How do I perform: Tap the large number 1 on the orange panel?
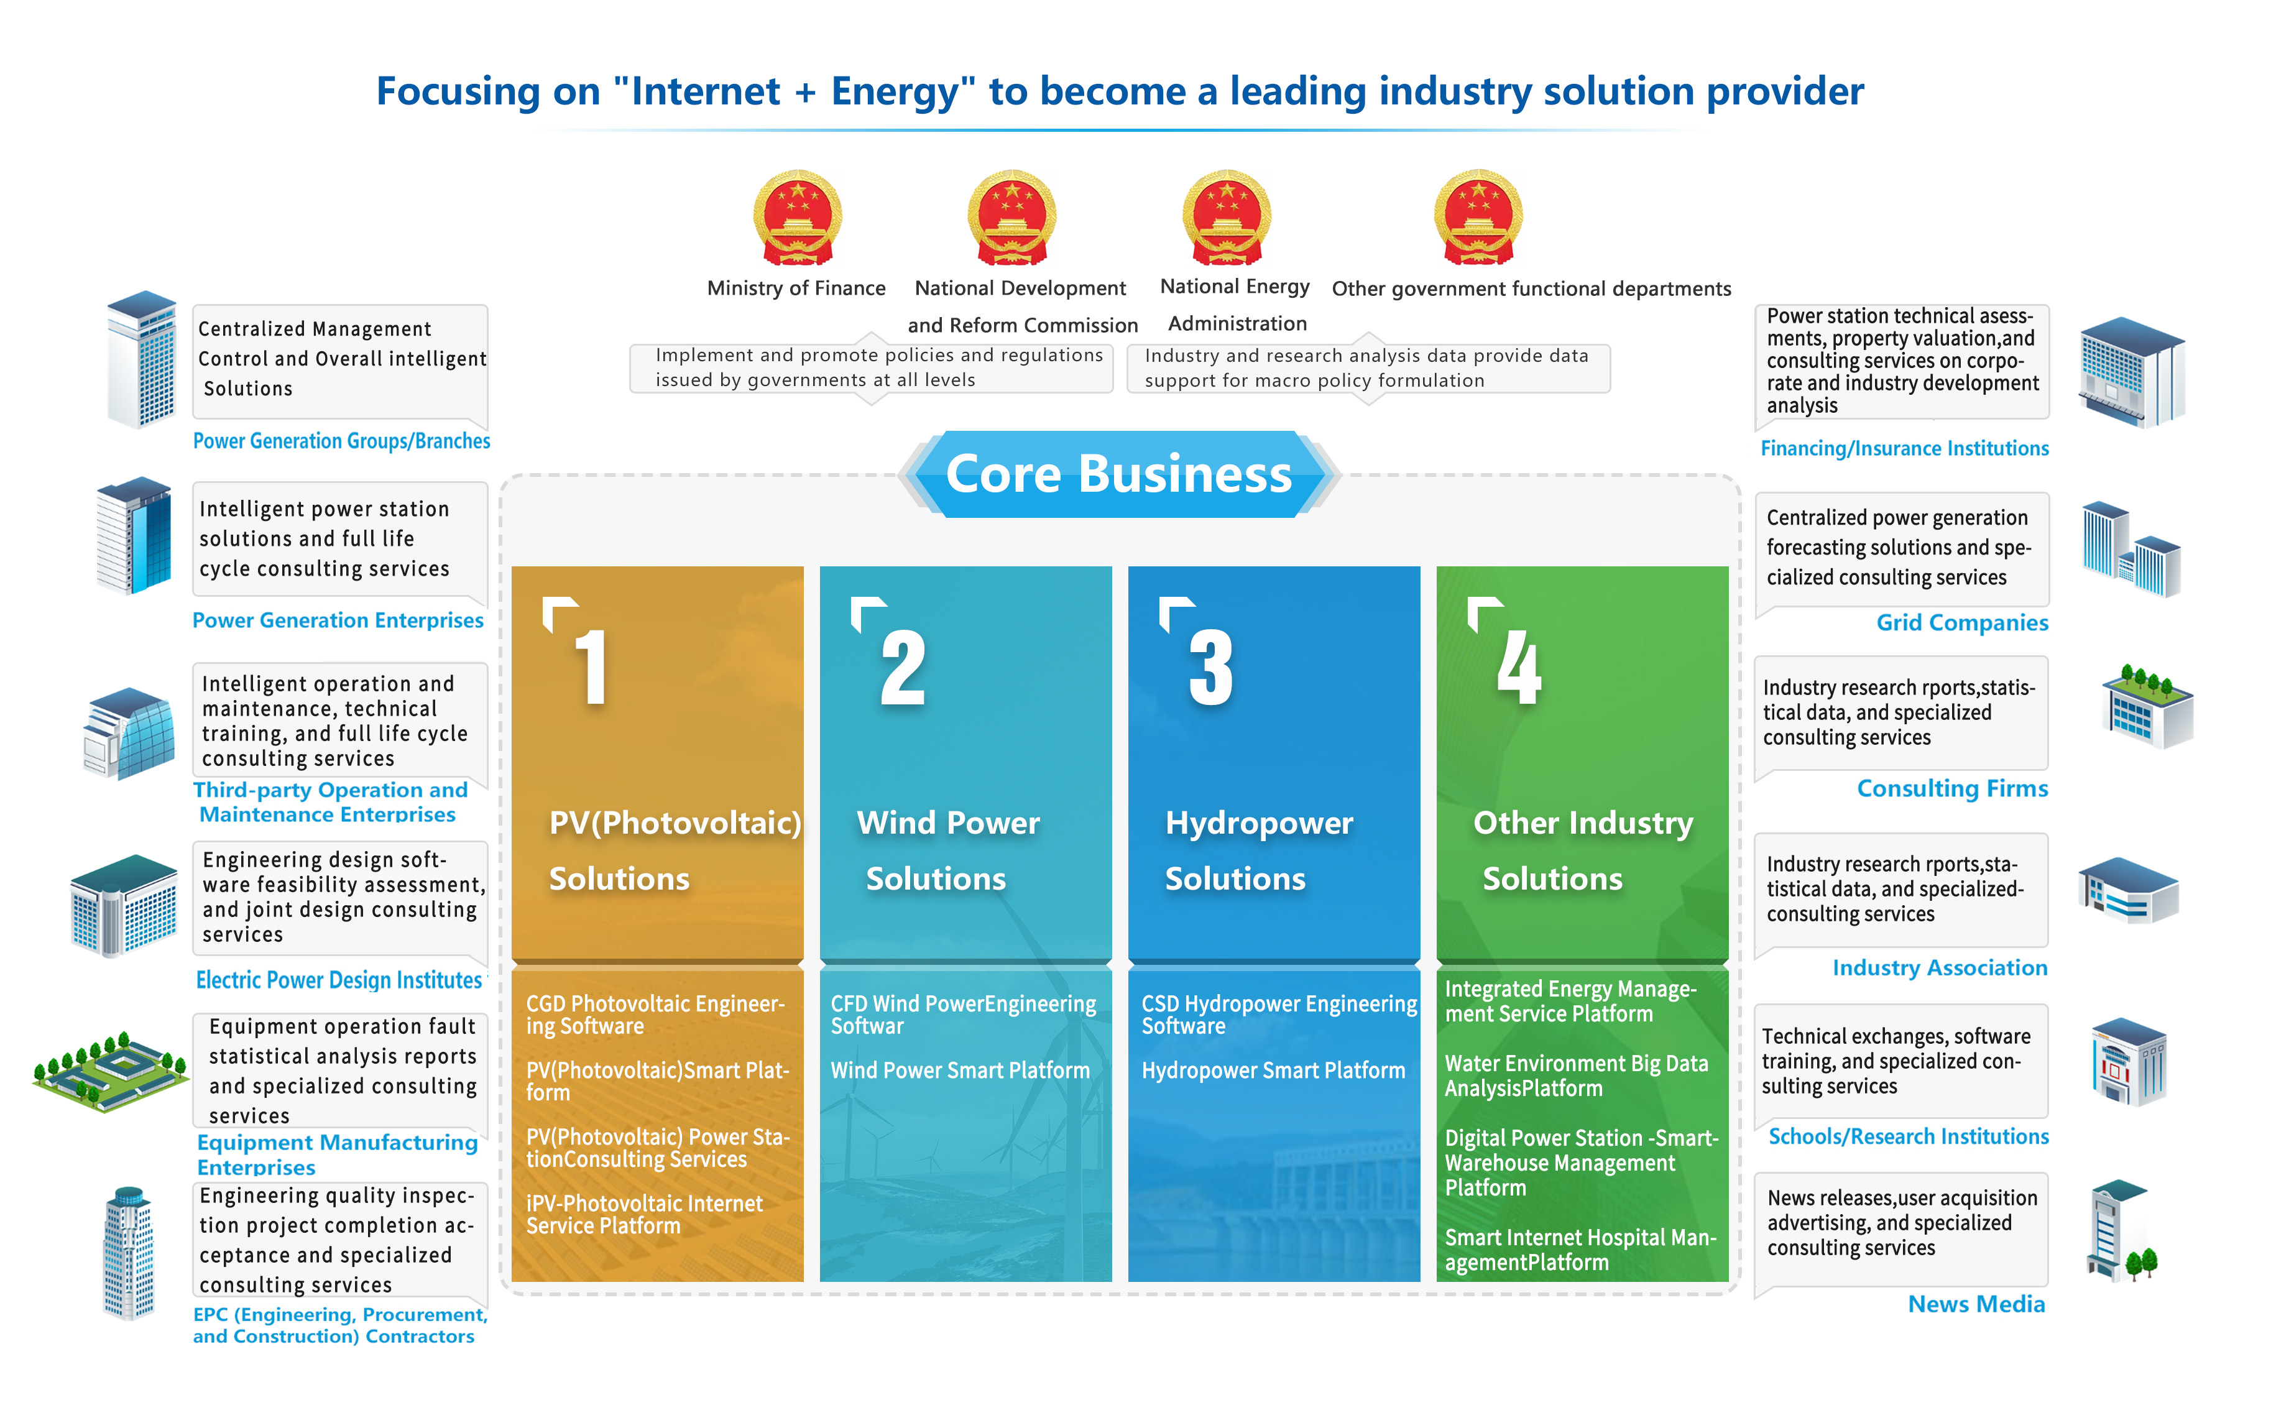(592, 666)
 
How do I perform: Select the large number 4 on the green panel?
(1518, 666)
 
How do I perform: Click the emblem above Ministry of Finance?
(797, 218)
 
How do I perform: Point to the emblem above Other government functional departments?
(1478, 218)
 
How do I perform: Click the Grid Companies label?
(1961, 622)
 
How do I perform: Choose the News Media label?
(1976, 1304)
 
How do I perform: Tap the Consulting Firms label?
(1951, 788)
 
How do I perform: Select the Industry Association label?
(1939, 967)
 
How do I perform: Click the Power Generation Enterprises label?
(338, 620)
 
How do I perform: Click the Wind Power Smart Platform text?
(960, 1071)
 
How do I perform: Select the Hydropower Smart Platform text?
(1273, 1071)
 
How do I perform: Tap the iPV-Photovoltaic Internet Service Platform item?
(644, 1215)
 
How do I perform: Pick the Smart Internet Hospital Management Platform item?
(1580, 1250)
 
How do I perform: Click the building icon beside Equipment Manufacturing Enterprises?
(111, 1071)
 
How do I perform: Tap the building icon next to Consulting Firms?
(2147, 706)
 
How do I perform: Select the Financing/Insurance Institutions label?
(1904, 448)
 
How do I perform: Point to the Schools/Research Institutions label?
(1908, 1136)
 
